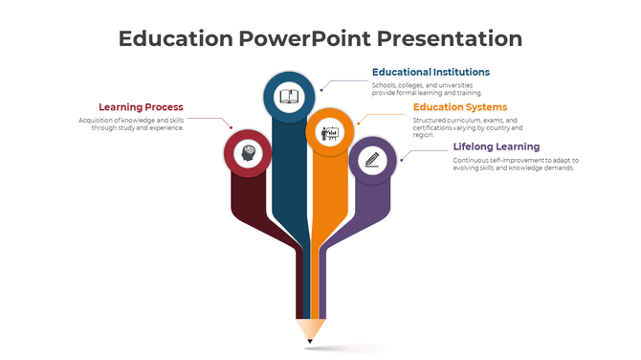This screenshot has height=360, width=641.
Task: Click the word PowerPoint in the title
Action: pos(305,38)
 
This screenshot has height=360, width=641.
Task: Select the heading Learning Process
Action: pos(141,107)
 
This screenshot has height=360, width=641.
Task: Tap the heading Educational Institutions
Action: pos(431,72)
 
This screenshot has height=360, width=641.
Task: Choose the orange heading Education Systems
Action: pos(460,107)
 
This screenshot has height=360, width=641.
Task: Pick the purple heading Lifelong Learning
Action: pos(496,146)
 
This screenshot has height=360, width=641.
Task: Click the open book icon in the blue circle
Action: pos(288,96)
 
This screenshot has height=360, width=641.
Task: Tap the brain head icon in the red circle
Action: pos(248,153)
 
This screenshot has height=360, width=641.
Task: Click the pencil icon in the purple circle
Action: pos(371,160)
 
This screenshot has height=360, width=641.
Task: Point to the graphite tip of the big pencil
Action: pos(309,340)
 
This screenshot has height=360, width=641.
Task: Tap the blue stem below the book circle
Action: pos(286,191)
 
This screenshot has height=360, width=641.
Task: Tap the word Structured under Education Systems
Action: pos(430,120)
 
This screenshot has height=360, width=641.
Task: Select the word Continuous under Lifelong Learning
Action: pos(472,160)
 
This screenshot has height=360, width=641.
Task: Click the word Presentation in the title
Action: pos(450,38)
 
